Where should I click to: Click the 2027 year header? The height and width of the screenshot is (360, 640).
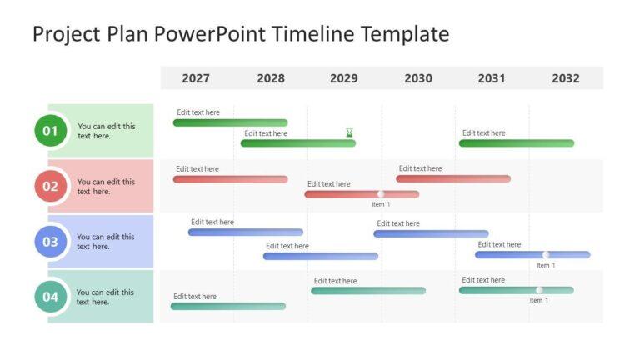point(196,78)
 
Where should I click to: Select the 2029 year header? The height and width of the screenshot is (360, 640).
point(343,78)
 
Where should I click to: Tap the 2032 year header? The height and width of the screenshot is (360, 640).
point(566,78)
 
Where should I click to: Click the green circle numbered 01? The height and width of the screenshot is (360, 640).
point(51,131)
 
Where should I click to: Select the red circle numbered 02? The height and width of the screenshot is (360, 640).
point(51,186)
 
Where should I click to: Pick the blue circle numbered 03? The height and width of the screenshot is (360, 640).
point(51,242)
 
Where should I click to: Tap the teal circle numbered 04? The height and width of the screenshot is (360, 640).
point(51,297)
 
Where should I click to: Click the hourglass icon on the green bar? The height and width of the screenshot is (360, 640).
point(350,132)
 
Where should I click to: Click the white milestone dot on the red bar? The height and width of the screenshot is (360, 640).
point(381,194)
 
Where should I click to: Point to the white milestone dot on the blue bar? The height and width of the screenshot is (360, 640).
point(546,255)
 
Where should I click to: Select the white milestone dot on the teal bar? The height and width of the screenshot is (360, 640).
point(539,290)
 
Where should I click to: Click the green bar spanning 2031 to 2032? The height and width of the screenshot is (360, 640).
point(516,143)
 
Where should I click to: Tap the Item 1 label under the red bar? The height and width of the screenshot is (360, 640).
point(381,204)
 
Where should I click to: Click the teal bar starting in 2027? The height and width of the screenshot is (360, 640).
point(227,306)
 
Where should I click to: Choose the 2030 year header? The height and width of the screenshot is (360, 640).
point(418,78)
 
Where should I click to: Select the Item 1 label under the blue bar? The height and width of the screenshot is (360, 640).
point(546,265)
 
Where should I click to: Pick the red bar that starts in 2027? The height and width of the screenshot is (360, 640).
point(230,179)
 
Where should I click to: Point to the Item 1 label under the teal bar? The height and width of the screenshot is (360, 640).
point(539,300)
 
